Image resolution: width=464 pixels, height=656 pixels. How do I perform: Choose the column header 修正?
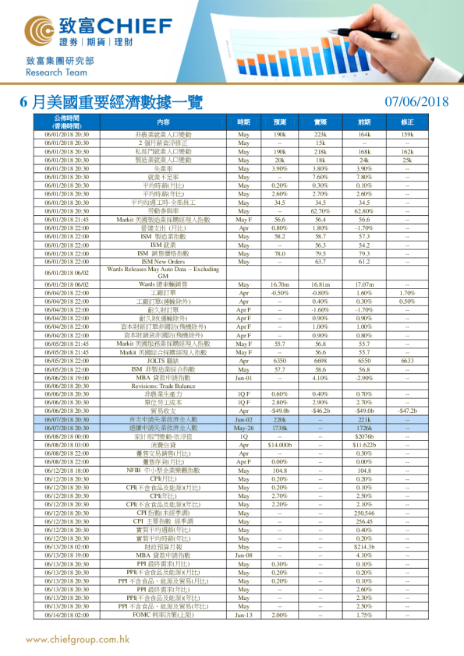coord(406,122)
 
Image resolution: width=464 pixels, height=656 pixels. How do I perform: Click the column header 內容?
coord(163,122)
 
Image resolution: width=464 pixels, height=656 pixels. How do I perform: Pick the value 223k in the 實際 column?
coord(320,135)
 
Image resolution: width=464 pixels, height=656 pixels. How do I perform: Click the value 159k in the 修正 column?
coord(406,135)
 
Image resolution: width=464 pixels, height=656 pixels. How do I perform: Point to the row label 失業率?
coord(163,168)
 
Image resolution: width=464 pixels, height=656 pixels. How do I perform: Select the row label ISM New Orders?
coord(163,261)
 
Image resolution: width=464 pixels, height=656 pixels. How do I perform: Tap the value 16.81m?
coord(320,285)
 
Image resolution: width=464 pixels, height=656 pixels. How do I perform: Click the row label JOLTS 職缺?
coord(163,361)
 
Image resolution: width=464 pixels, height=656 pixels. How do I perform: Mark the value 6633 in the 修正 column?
coord(406,361)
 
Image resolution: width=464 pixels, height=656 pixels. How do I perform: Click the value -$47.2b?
coord(406,411)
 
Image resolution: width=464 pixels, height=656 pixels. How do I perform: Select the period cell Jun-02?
coord(243,419)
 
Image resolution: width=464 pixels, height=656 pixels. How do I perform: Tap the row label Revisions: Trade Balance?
coord(163,386)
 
